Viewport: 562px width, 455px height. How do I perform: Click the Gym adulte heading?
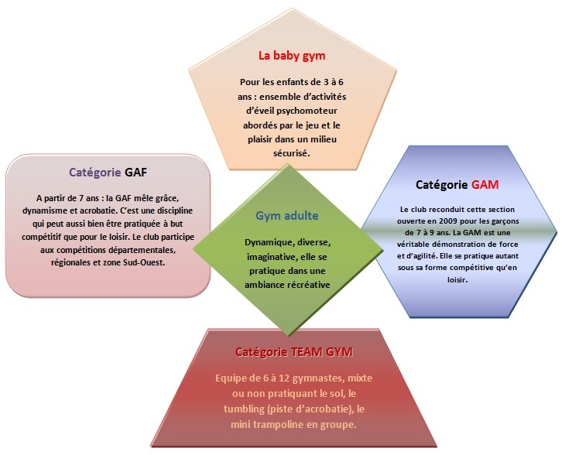click(287, 216)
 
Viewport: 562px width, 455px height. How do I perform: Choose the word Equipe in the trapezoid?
click(233, 380)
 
